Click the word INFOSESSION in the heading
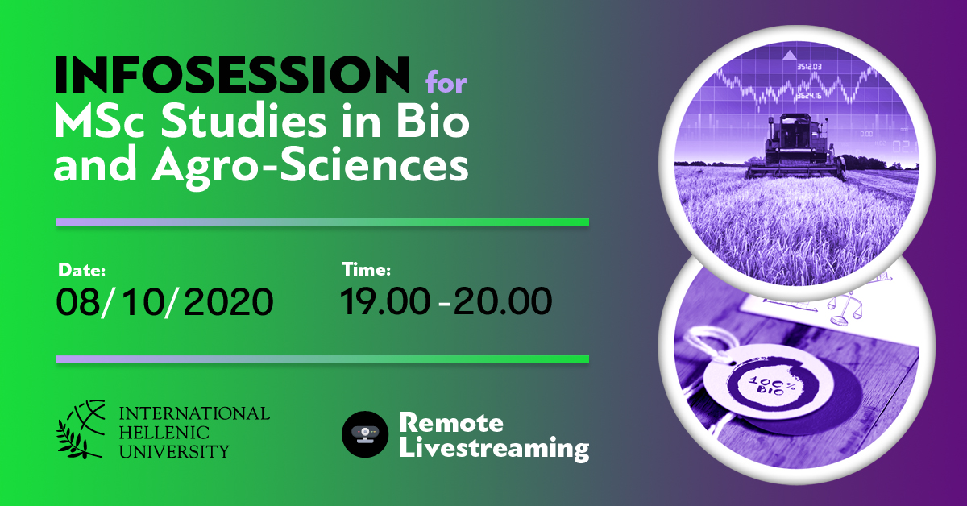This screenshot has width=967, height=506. pos(232,74)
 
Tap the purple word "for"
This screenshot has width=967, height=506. pos(446,82)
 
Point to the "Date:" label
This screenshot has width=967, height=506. pos(81,270)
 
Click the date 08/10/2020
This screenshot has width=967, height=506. pos(164,302)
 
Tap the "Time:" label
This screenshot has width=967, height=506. pos(367,269)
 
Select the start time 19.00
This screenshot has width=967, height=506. pos(385,301)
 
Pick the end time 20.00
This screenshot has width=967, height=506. pos(503,301)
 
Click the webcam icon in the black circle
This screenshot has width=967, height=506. pos(365,434)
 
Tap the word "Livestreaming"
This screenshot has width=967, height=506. pos(494,449)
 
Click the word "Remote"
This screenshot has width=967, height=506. pos(451,422)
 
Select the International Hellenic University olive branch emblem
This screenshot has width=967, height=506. pos(81,429)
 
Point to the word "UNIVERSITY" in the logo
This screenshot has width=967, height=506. pos(173,451)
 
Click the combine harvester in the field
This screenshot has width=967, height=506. pos(795,147)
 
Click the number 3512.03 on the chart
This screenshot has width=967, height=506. pos(809,67)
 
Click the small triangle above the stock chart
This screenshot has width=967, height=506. pos(790,55)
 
